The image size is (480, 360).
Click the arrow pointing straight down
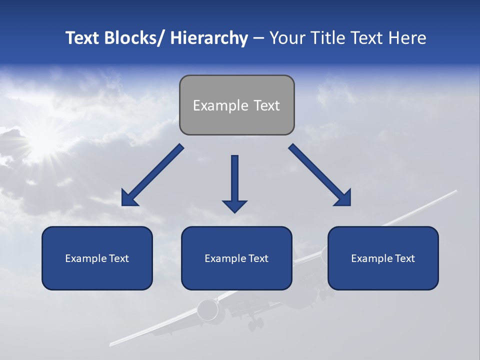pos(234,182)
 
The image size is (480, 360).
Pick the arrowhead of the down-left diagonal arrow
pos(128,199)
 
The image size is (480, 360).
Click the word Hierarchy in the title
pos(208,38)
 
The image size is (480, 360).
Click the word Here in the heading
pos(407,38)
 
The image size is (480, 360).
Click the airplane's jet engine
pos(206,310)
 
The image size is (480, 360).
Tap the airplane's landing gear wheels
pos(255,324)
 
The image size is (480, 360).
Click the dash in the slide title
pos(258,38)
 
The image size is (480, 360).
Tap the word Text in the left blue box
pos(118,258)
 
